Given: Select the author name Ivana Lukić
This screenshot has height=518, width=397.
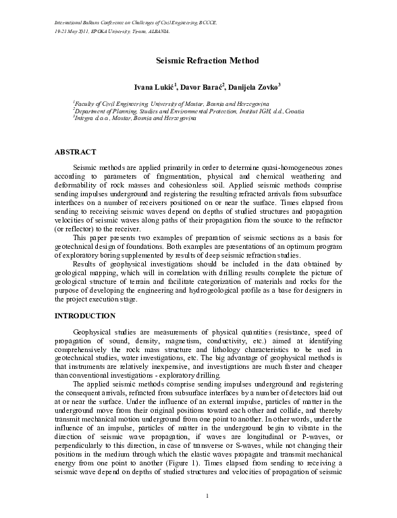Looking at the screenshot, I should point(154,87).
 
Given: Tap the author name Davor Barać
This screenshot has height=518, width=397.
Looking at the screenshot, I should point(203,87).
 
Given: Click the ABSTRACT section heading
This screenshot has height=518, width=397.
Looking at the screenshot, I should point(75,152).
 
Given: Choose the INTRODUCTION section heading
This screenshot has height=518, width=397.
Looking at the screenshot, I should point(85,315).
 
